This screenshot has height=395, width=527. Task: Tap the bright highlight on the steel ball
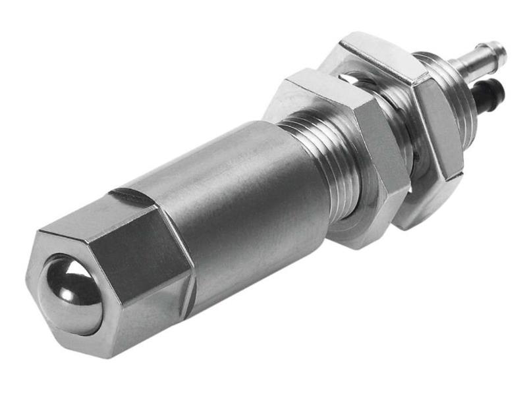[x=63, y=275]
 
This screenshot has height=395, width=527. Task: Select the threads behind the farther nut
[x=461, y=99]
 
